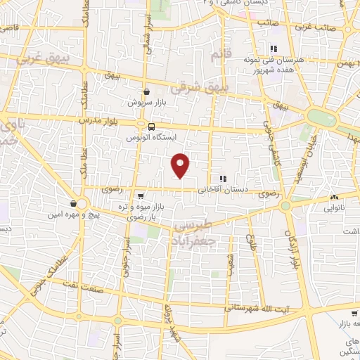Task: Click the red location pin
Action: (181, 165)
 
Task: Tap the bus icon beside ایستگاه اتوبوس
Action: (152, 127)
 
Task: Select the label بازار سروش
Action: (145, 103)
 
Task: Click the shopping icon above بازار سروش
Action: (146, 91)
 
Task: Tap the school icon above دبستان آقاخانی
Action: (224, 179)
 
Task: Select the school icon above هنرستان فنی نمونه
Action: (273, 49)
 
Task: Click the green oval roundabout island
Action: (321, 117)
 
